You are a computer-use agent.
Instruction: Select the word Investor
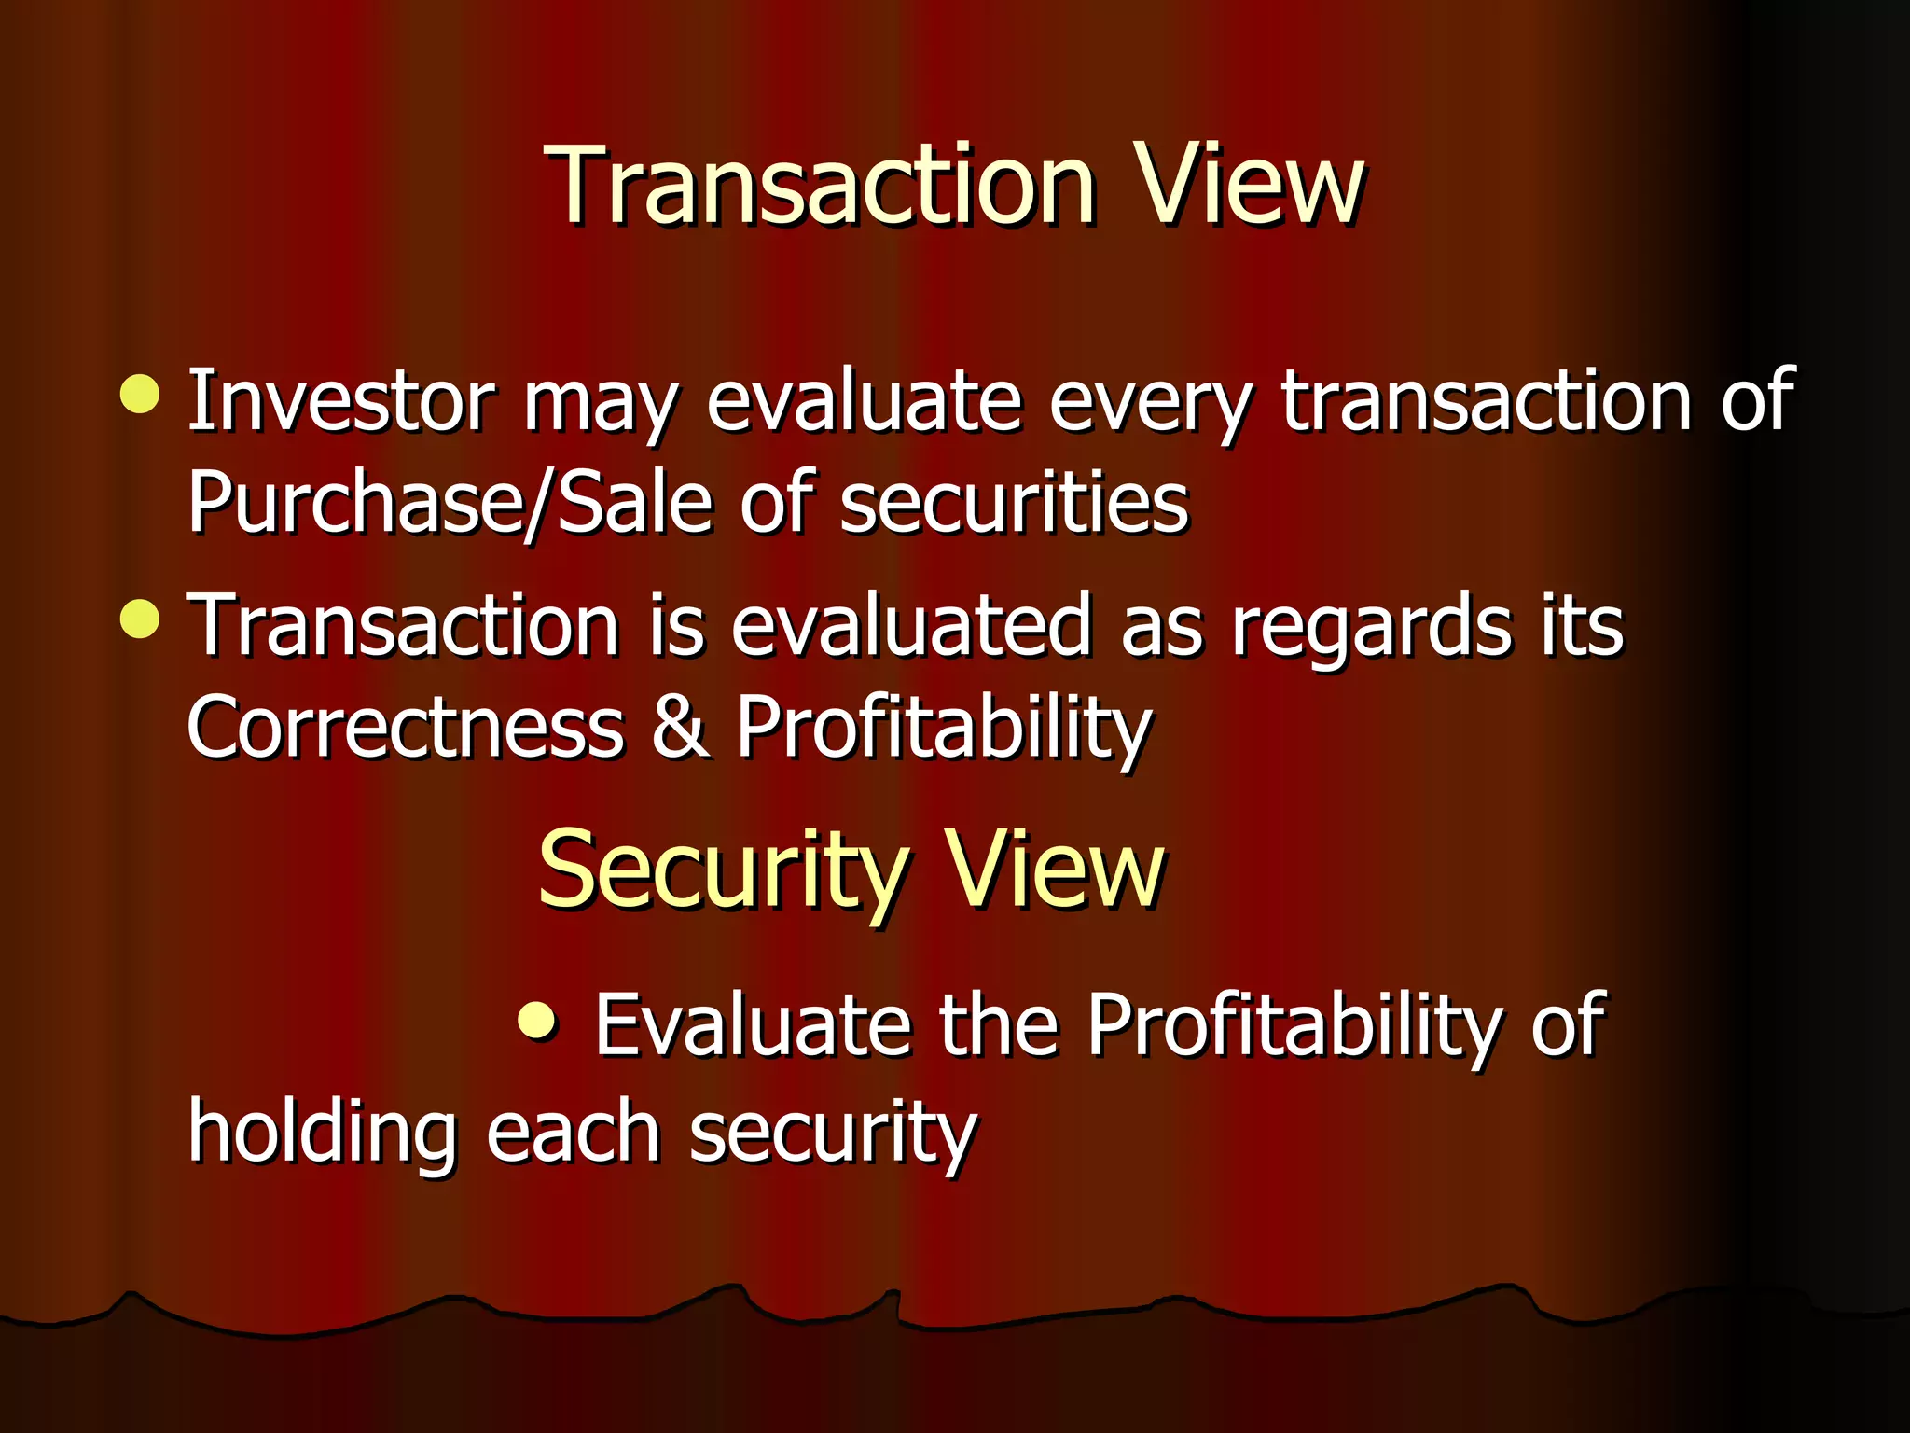point(340,401)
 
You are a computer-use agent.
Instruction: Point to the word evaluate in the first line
point(864,401)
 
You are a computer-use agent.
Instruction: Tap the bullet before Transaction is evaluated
point(140,619)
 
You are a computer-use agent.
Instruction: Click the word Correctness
point(405,728)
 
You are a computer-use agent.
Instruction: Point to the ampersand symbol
point(680,728)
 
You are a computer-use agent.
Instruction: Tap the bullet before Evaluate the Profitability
point(538,1021)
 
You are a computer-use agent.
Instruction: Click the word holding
point(322,1134)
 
